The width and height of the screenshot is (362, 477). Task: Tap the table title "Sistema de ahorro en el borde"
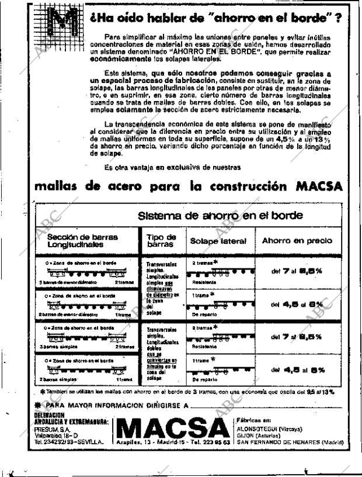(x=220, y=215)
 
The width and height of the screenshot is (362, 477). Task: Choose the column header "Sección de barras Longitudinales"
(x=82, y=241)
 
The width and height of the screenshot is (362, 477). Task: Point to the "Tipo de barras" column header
(x=161, y=241)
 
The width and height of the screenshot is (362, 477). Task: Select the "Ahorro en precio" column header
(x=297, y=240)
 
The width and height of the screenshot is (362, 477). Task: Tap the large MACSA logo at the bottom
(x=173, y=427)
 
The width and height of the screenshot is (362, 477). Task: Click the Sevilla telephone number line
(x=69, y=442)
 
